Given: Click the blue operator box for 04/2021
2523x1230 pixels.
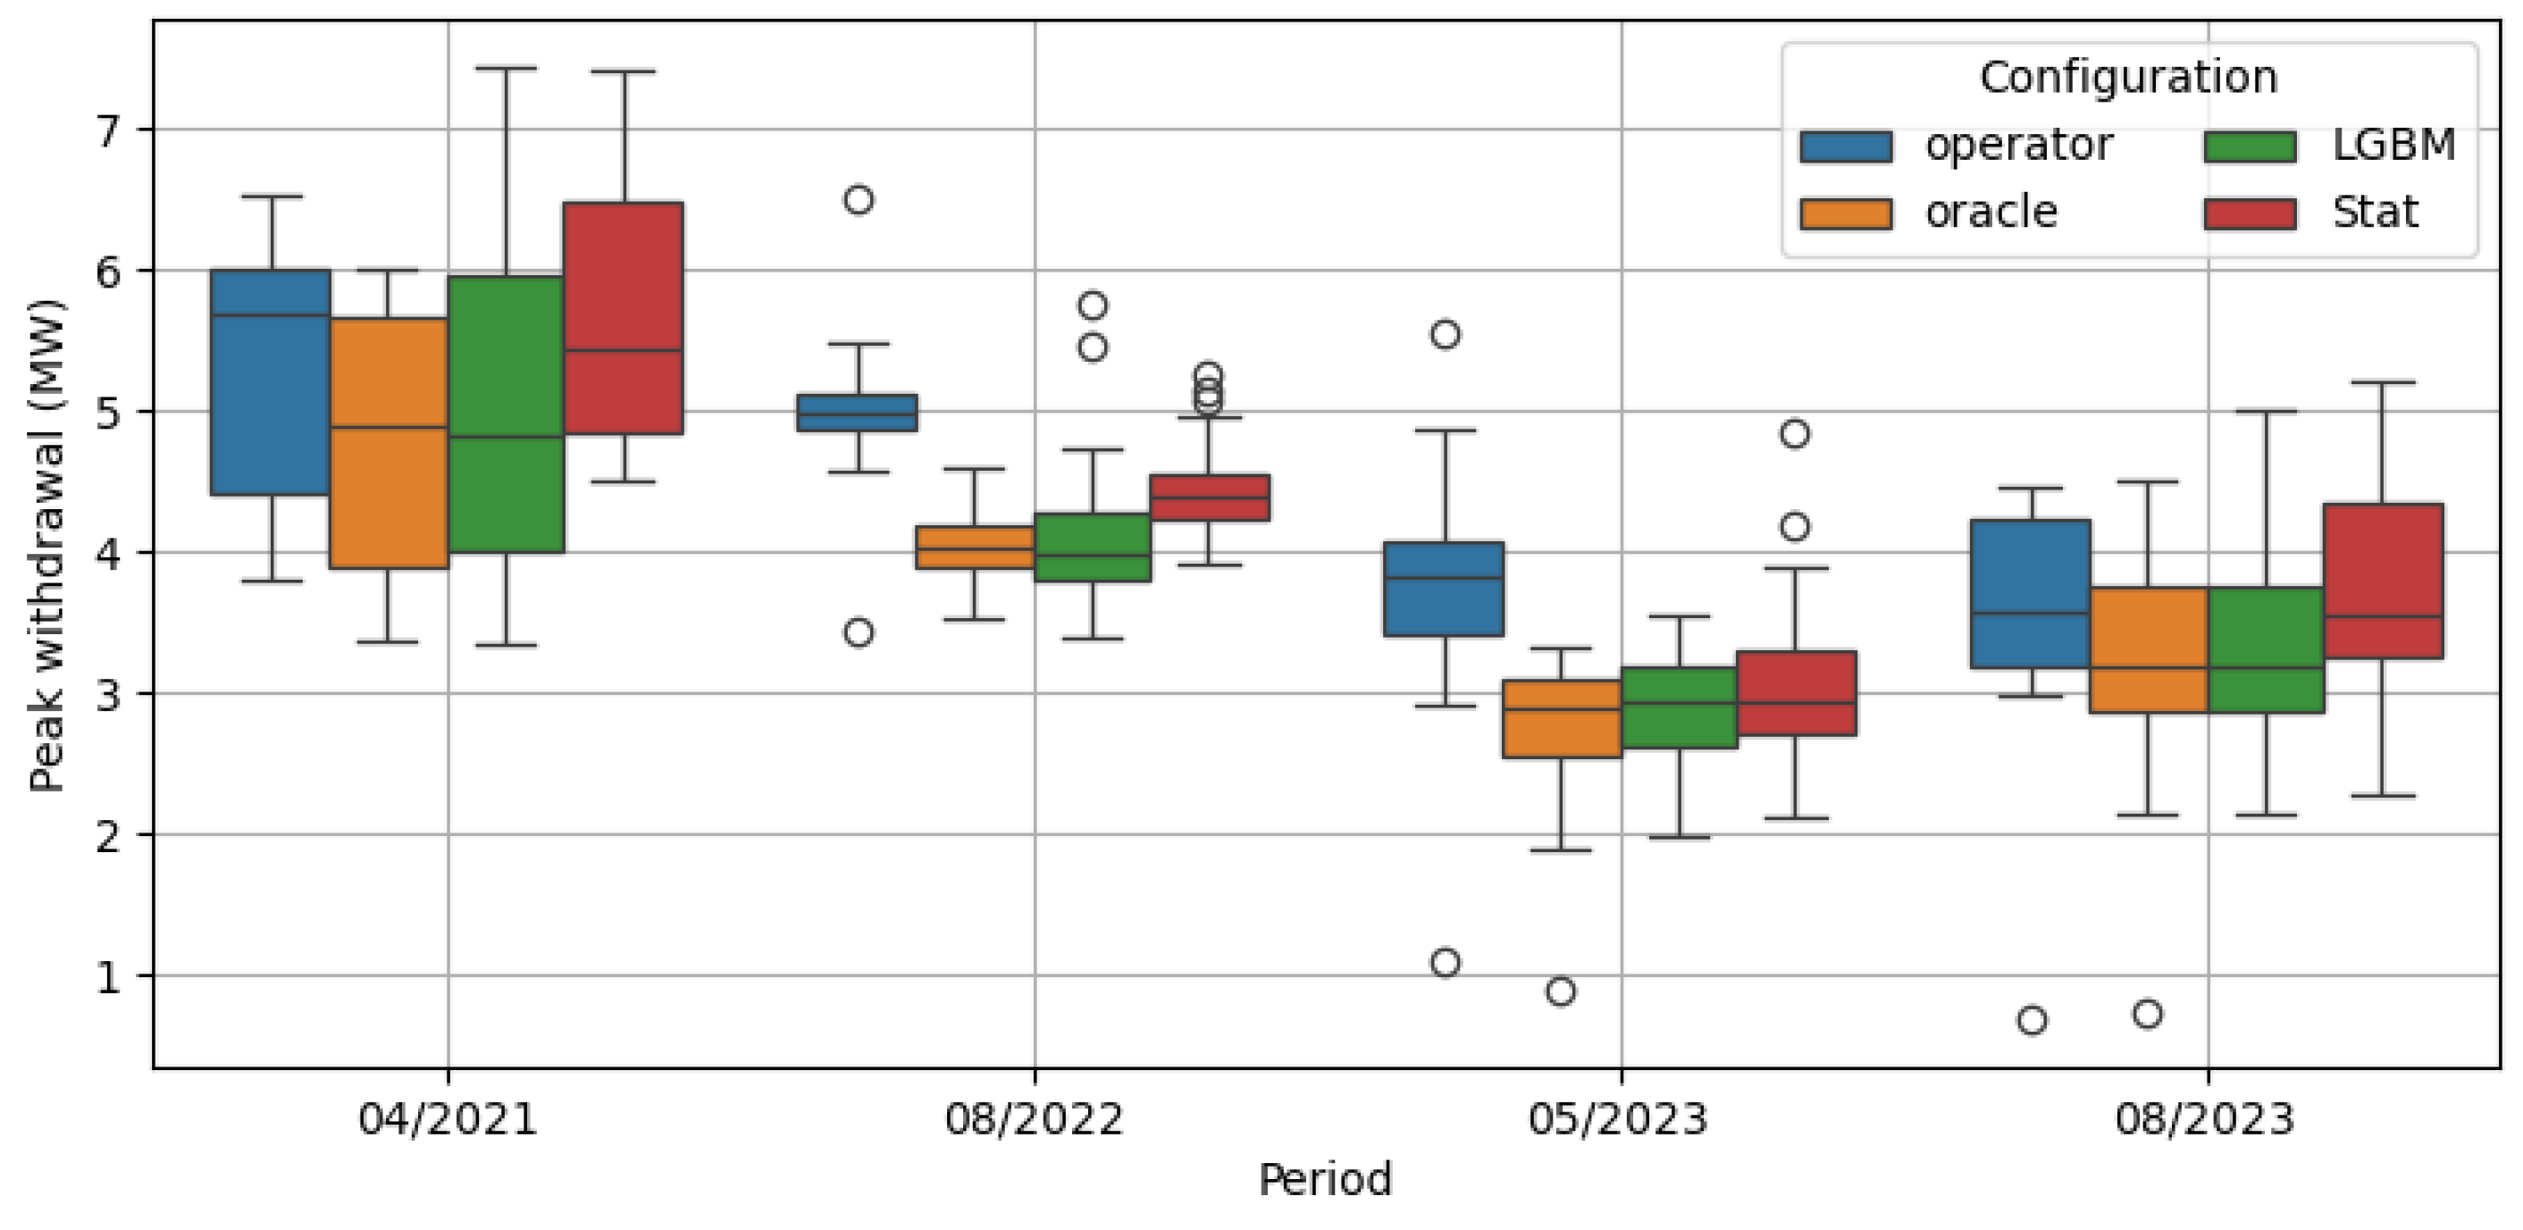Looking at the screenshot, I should (272, 382).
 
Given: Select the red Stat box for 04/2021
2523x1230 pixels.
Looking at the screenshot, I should (623, 318).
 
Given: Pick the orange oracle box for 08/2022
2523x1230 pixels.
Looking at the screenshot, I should (975, 548).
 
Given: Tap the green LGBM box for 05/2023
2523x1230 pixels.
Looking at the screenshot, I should (1680, 708).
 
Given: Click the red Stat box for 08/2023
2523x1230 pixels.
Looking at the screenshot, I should (2383, 581).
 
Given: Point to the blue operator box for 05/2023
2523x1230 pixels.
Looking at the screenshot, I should (1444, 589).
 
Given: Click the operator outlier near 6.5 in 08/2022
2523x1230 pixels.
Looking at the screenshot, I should (858, 200).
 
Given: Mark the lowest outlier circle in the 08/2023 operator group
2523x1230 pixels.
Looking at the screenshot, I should (2033, 1020).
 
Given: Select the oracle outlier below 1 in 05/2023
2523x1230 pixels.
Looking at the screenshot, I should (1560, 991).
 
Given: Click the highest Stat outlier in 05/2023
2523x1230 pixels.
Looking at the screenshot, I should (1794, 434).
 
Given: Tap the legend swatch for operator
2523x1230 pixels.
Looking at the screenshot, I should (1845, 146).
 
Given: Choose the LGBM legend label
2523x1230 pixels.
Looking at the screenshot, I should (2393, 145).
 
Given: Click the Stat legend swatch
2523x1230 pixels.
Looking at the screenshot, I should (2250, 213).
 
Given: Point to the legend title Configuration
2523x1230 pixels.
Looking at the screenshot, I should (2128, 78).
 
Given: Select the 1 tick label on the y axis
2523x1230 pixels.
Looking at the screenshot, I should (110, 976).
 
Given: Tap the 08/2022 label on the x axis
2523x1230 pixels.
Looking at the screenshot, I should (1035, 1118).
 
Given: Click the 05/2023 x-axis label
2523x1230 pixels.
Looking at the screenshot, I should (1618, 1118).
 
